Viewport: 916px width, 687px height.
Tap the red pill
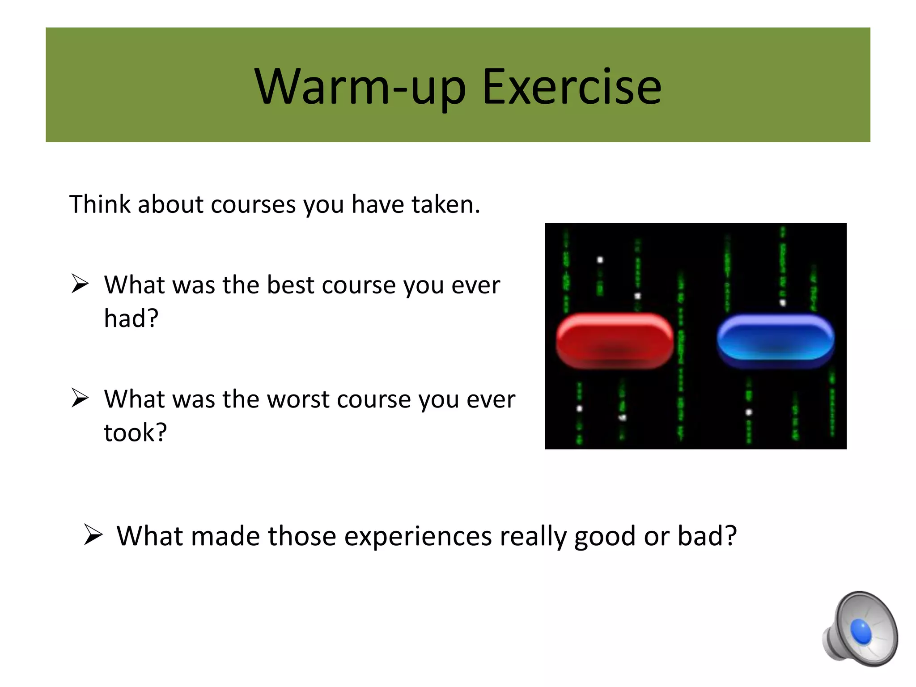(x=615, y=341)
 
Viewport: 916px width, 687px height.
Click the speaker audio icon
(x=859, y=629)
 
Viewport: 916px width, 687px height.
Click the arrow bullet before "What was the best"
(x=80, y=284)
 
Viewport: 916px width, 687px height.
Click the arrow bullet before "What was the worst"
(x=80, y=399)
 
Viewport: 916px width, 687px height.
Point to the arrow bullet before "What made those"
(x=93, y=535)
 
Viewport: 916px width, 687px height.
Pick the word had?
(x=131, y=318)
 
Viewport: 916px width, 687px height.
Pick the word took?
(x=135, y=433)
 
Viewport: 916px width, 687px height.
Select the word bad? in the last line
(x=707, y=536)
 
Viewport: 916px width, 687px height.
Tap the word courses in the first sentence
(x=253, y=204)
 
